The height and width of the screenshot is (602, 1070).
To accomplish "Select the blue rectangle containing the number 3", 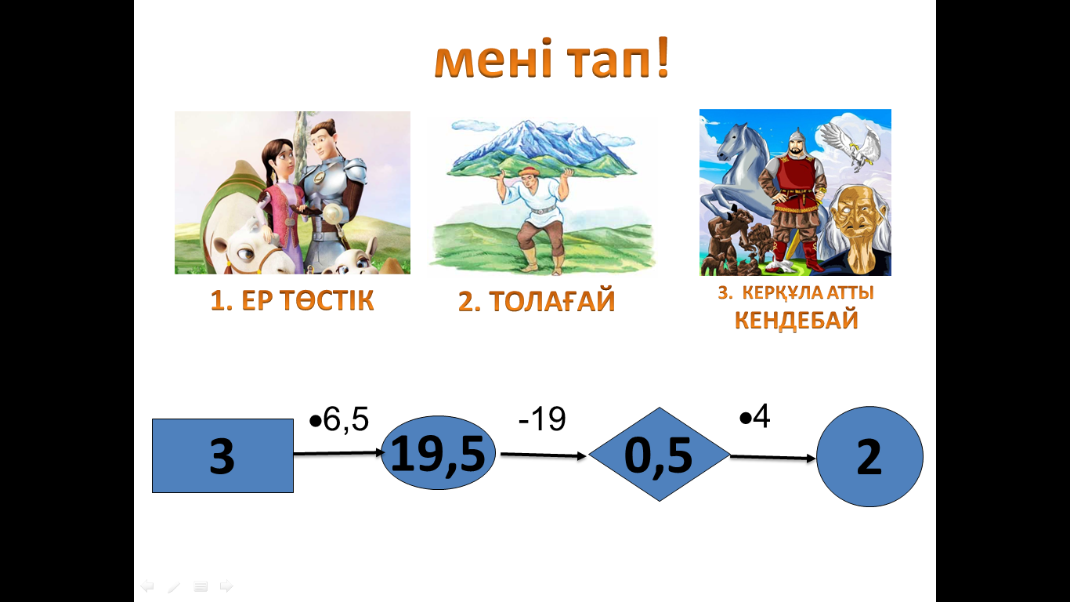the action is coord(222,455).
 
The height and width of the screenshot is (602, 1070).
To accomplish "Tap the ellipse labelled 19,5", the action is coord(438,452).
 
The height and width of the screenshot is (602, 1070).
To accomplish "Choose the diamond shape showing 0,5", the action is coord(660,455).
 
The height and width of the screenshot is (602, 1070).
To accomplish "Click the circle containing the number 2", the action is coord(869,457).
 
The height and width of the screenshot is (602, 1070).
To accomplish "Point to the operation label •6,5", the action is coord(339,419).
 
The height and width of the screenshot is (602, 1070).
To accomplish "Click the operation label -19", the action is coord(542,419).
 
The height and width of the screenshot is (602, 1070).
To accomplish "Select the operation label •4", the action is coord(755,416).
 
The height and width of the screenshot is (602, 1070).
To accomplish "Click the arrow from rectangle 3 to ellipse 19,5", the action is coord(339,453).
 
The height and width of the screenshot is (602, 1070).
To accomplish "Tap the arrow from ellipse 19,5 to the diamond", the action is coord(543,455).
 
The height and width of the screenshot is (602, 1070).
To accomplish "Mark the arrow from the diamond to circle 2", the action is coord(773,458).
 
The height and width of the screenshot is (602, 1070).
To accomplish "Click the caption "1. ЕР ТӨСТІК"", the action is coord(292,301).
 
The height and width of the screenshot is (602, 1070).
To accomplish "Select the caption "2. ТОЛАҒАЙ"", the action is coord(537,301).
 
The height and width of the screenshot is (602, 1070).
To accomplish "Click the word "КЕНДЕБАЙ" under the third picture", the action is coord(797,321).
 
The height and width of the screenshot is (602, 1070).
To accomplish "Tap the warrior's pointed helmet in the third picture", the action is coord(794,138).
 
